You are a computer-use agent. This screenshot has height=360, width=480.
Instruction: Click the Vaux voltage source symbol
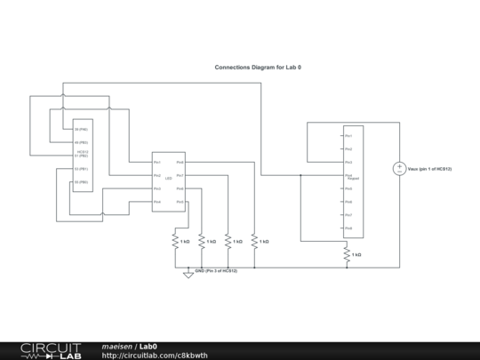click(x=400, y=168)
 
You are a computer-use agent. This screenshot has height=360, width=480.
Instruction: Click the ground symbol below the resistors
click(x=188, y=275)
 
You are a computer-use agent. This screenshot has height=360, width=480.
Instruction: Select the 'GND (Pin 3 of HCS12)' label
click(x=216, y=269)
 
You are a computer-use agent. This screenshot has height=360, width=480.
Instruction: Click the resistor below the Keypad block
click(x=347, y=254)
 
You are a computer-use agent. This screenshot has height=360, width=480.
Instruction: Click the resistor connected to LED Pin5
click(x=175, y=241)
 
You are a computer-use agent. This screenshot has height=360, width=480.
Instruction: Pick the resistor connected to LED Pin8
click(x=254, y=241)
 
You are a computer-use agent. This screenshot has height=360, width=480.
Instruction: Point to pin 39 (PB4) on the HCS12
click(x=81, y=130)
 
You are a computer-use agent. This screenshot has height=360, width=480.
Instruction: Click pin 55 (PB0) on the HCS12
click(x=81, y=182)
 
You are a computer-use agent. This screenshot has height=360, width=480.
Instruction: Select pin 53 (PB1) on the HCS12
click(x=81, y=169)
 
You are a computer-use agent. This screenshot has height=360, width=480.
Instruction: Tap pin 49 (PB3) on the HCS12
click(x=81, y=142)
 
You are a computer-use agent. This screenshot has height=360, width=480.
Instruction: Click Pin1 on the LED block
click(x=156, y=162)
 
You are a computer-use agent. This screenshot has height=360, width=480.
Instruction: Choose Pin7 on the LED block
click(x=180, y=175)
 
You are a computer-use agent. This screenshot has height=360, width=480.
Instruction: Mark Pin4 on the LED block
click(x=156, y=202)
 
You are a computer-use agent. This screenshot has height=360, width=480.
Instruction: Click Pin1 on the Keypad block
click(x=349, y=135)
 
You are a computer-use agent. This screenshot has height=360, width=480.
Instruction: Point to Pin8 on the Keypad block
click(x=349, y=228)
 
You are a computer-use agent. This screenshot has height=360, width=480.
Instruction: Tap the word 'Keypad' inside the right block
click(x=353, y=179)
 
